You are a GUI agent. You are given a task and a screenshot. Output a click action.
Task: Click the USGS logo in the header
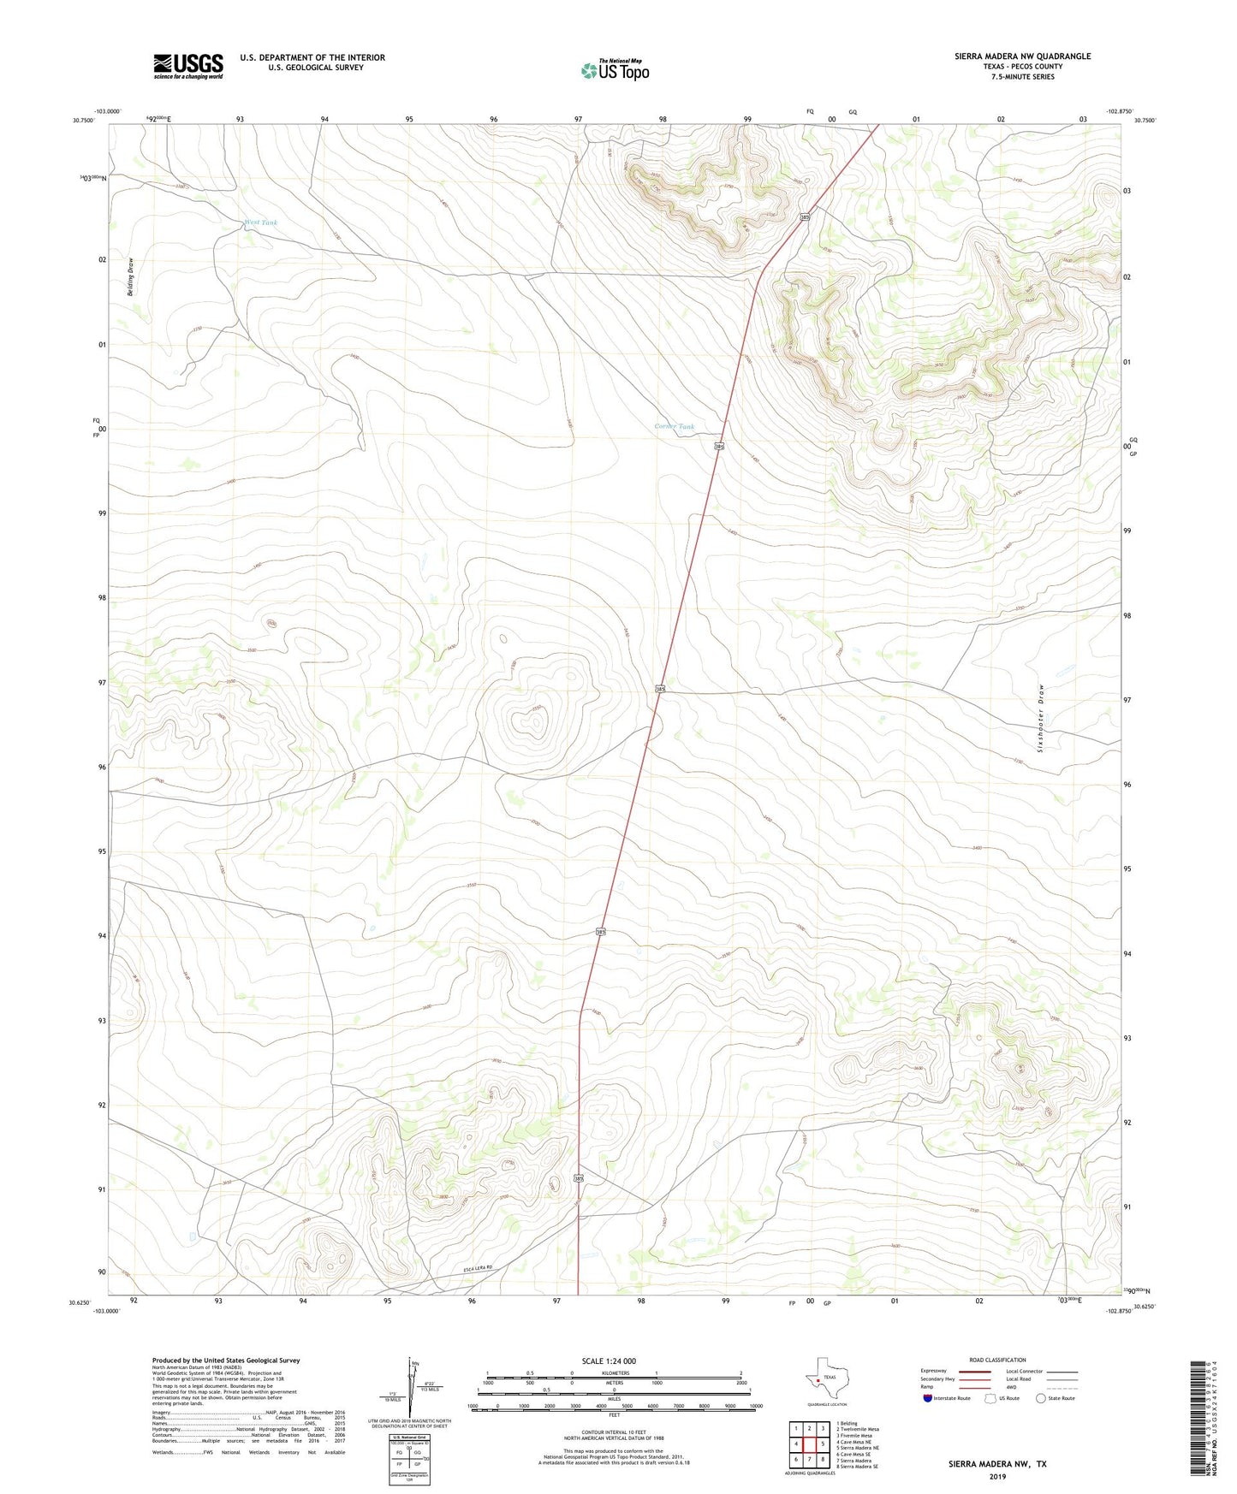(188, 66)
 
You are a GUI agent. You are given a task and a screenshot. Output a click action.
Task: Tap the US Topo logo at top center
(615, 70)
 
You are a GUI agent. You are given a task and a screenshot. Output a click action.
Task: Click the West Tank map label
(261, 222)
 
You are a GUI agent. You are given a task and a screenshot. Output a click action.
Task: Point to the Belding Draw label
(131, 277)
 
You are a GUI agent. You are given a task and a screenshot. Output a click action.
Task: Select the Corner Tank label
(675, 426)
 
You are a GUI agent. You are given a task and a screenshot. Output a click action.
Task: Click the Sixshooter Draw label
(1041, 717)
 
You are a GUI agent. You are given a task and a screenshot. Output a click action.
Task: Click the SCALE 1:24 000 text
(609, 1361)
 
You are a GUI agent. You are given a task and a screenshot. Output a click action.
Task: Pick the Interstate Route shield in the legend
(928, 1399)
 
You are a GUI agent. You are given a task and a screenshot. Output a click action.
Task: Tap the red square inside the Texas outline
(818, 1379)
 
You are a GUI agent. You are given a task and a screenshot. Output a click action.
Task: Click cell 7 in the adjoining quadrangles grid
(809, 1460)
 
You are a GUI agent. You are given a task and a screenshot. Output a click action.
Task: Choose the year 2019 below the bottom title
(996, 1477)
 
